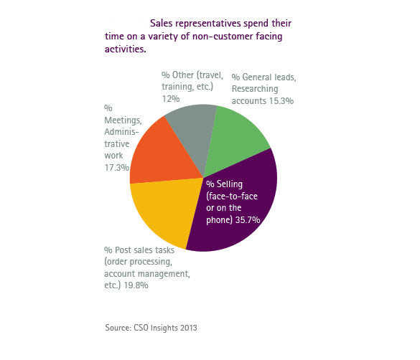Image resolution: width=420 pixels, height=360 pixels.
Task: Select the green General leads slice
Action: [235, 139]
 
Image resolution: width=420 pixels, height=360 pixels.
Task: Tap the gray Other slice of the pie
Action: [193, 128]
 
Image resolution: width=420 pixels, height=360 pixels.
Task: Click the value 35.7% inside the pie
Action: [248, 220]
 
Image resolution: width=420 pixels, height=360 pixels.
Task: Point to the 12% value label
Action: [171, 99]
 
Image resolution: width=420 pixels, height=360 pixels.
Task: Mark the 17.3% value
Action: [117, 167]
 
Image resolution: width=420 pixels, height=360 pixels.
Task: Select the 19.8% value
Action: [136, 285]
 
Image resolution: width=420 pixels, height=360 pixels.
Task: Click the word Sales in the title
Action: [161, 23]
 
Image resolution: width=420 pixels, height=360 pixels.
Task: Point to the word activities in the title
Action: [126, 49]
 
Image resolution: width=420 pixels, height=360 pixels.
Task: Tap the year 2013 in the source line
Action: [189, 328]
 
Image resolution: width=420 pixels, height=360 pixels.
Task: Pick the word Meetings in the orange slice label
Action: [123, 120]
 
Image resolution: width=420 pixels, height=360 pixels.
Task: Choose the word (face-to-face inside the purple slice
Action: [232, 196]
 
